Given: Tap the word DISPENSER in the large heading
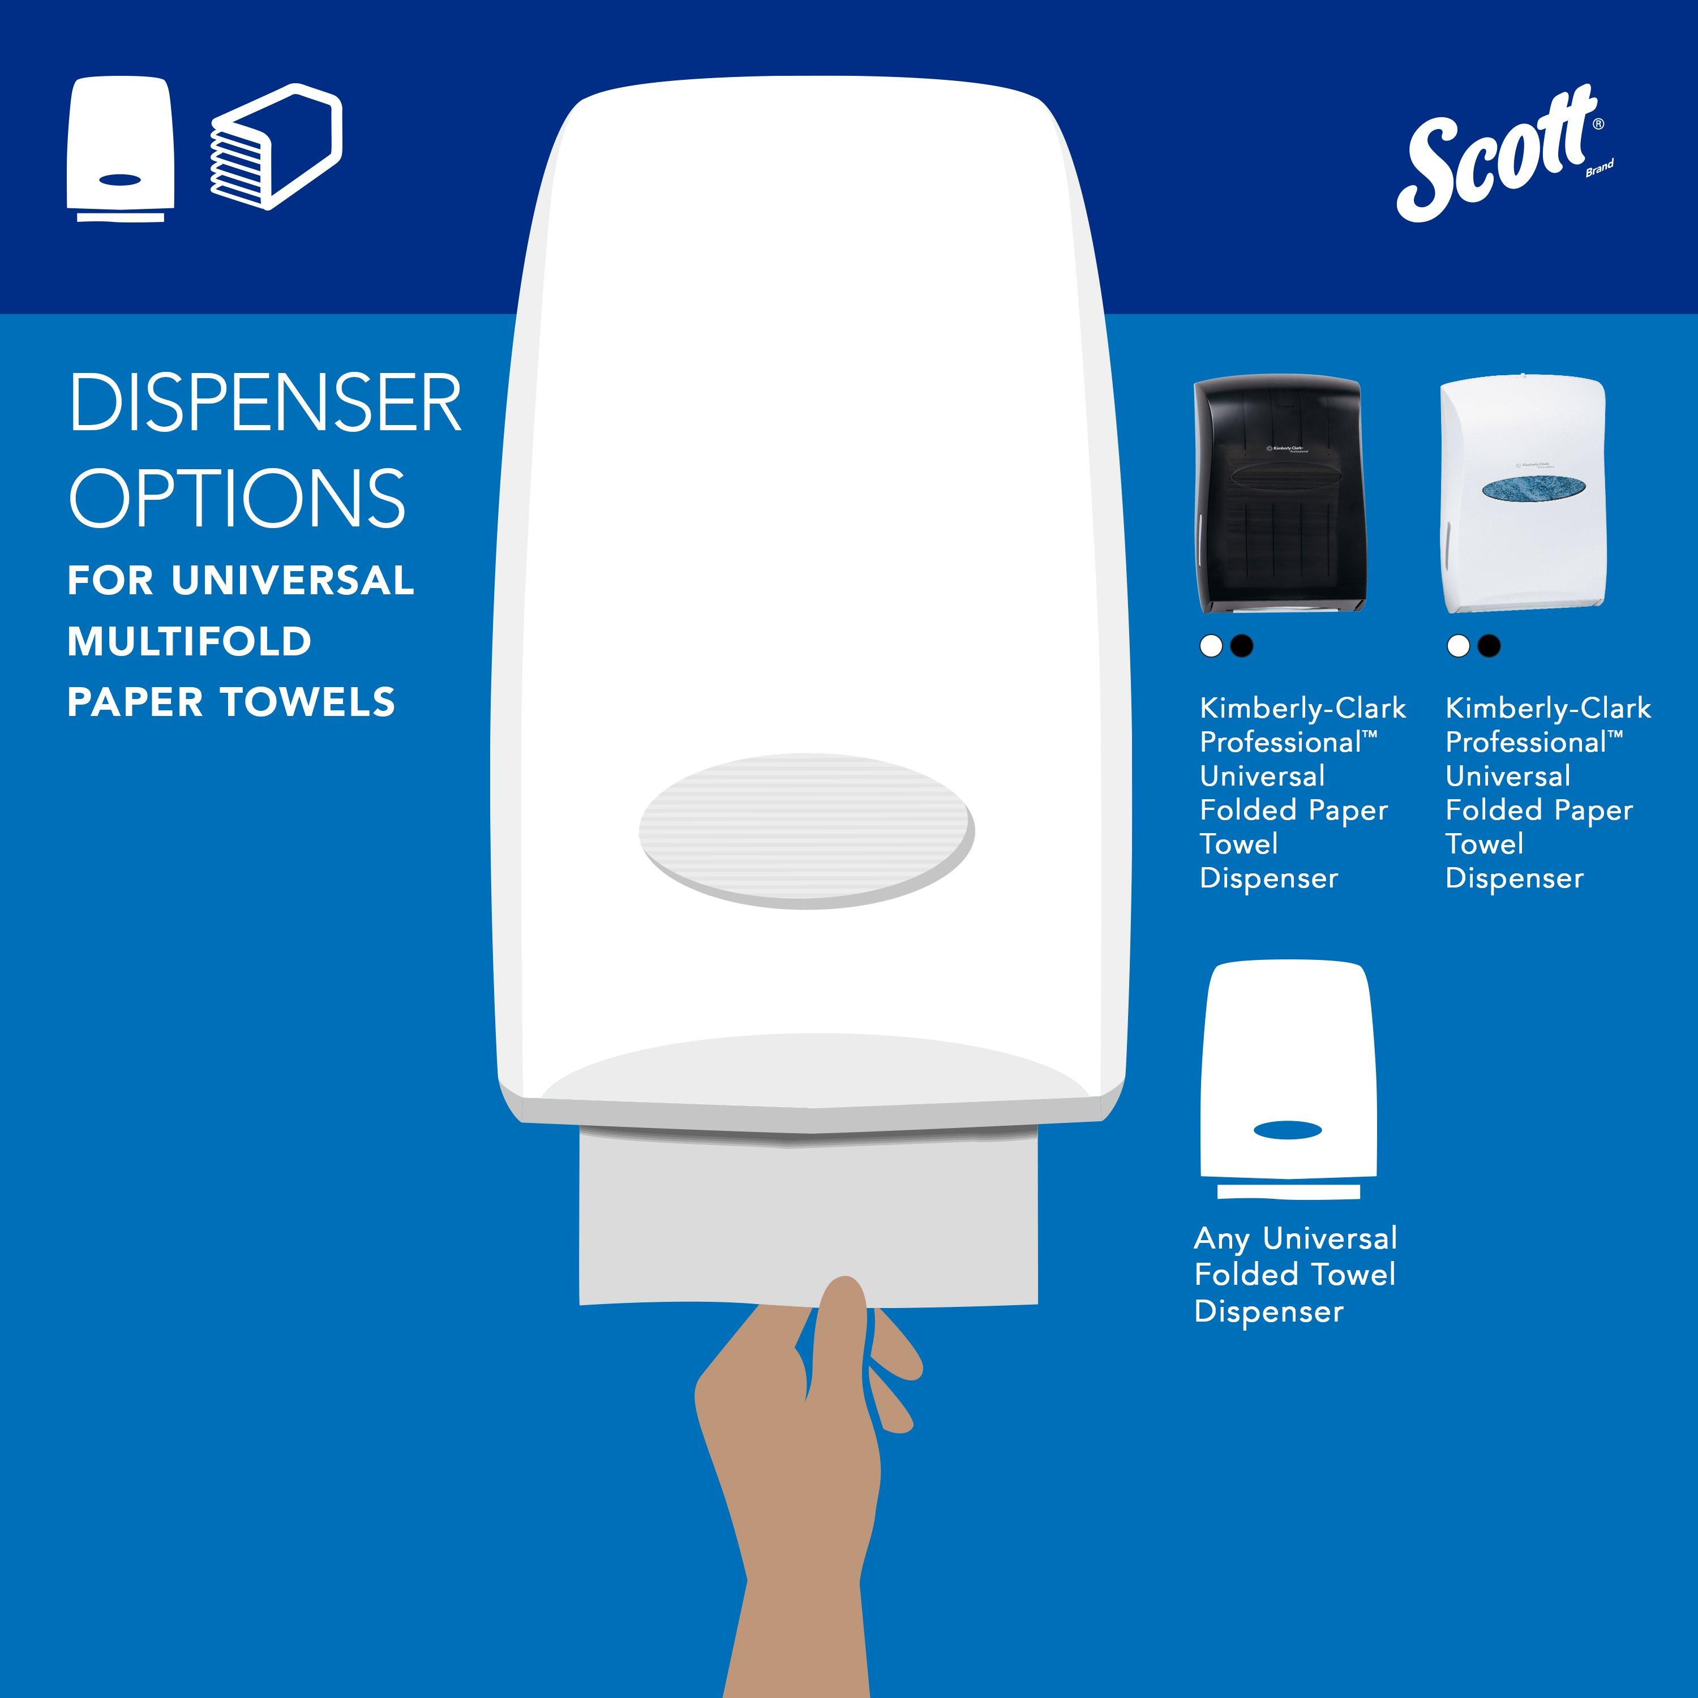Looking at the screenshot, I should pyautogui.click(x=264, y=404).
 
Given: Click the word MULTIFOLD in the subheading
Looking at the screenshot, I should pyautogui.click(x=190, y=642).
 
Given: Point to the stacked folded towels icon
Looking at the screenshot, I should pyautogui.click(x=275, y=146).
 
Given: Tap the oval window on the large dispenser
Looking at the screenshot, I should pyautogui.click(x=806, y=830).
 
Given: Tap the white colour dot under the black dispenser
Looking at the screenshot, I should pyautogui.click(x=1211, y=646).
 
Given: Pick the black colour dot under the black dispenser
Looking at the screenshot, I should pyautogui.click(x=1241, y=646).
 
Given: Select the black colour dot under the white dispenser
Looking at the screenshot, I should pyautogui.click(x=1489, y=646).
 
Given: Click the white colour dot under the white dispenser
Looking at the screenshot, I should pyautogui.click(x=1458, y=646).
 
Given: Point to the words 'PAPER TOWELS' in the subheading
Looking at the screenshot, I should pyautogui.click(x=231, y=702).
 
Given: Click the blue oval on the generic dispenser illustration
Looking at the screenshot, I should pyautogui.click(x=1288, y=1131).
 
